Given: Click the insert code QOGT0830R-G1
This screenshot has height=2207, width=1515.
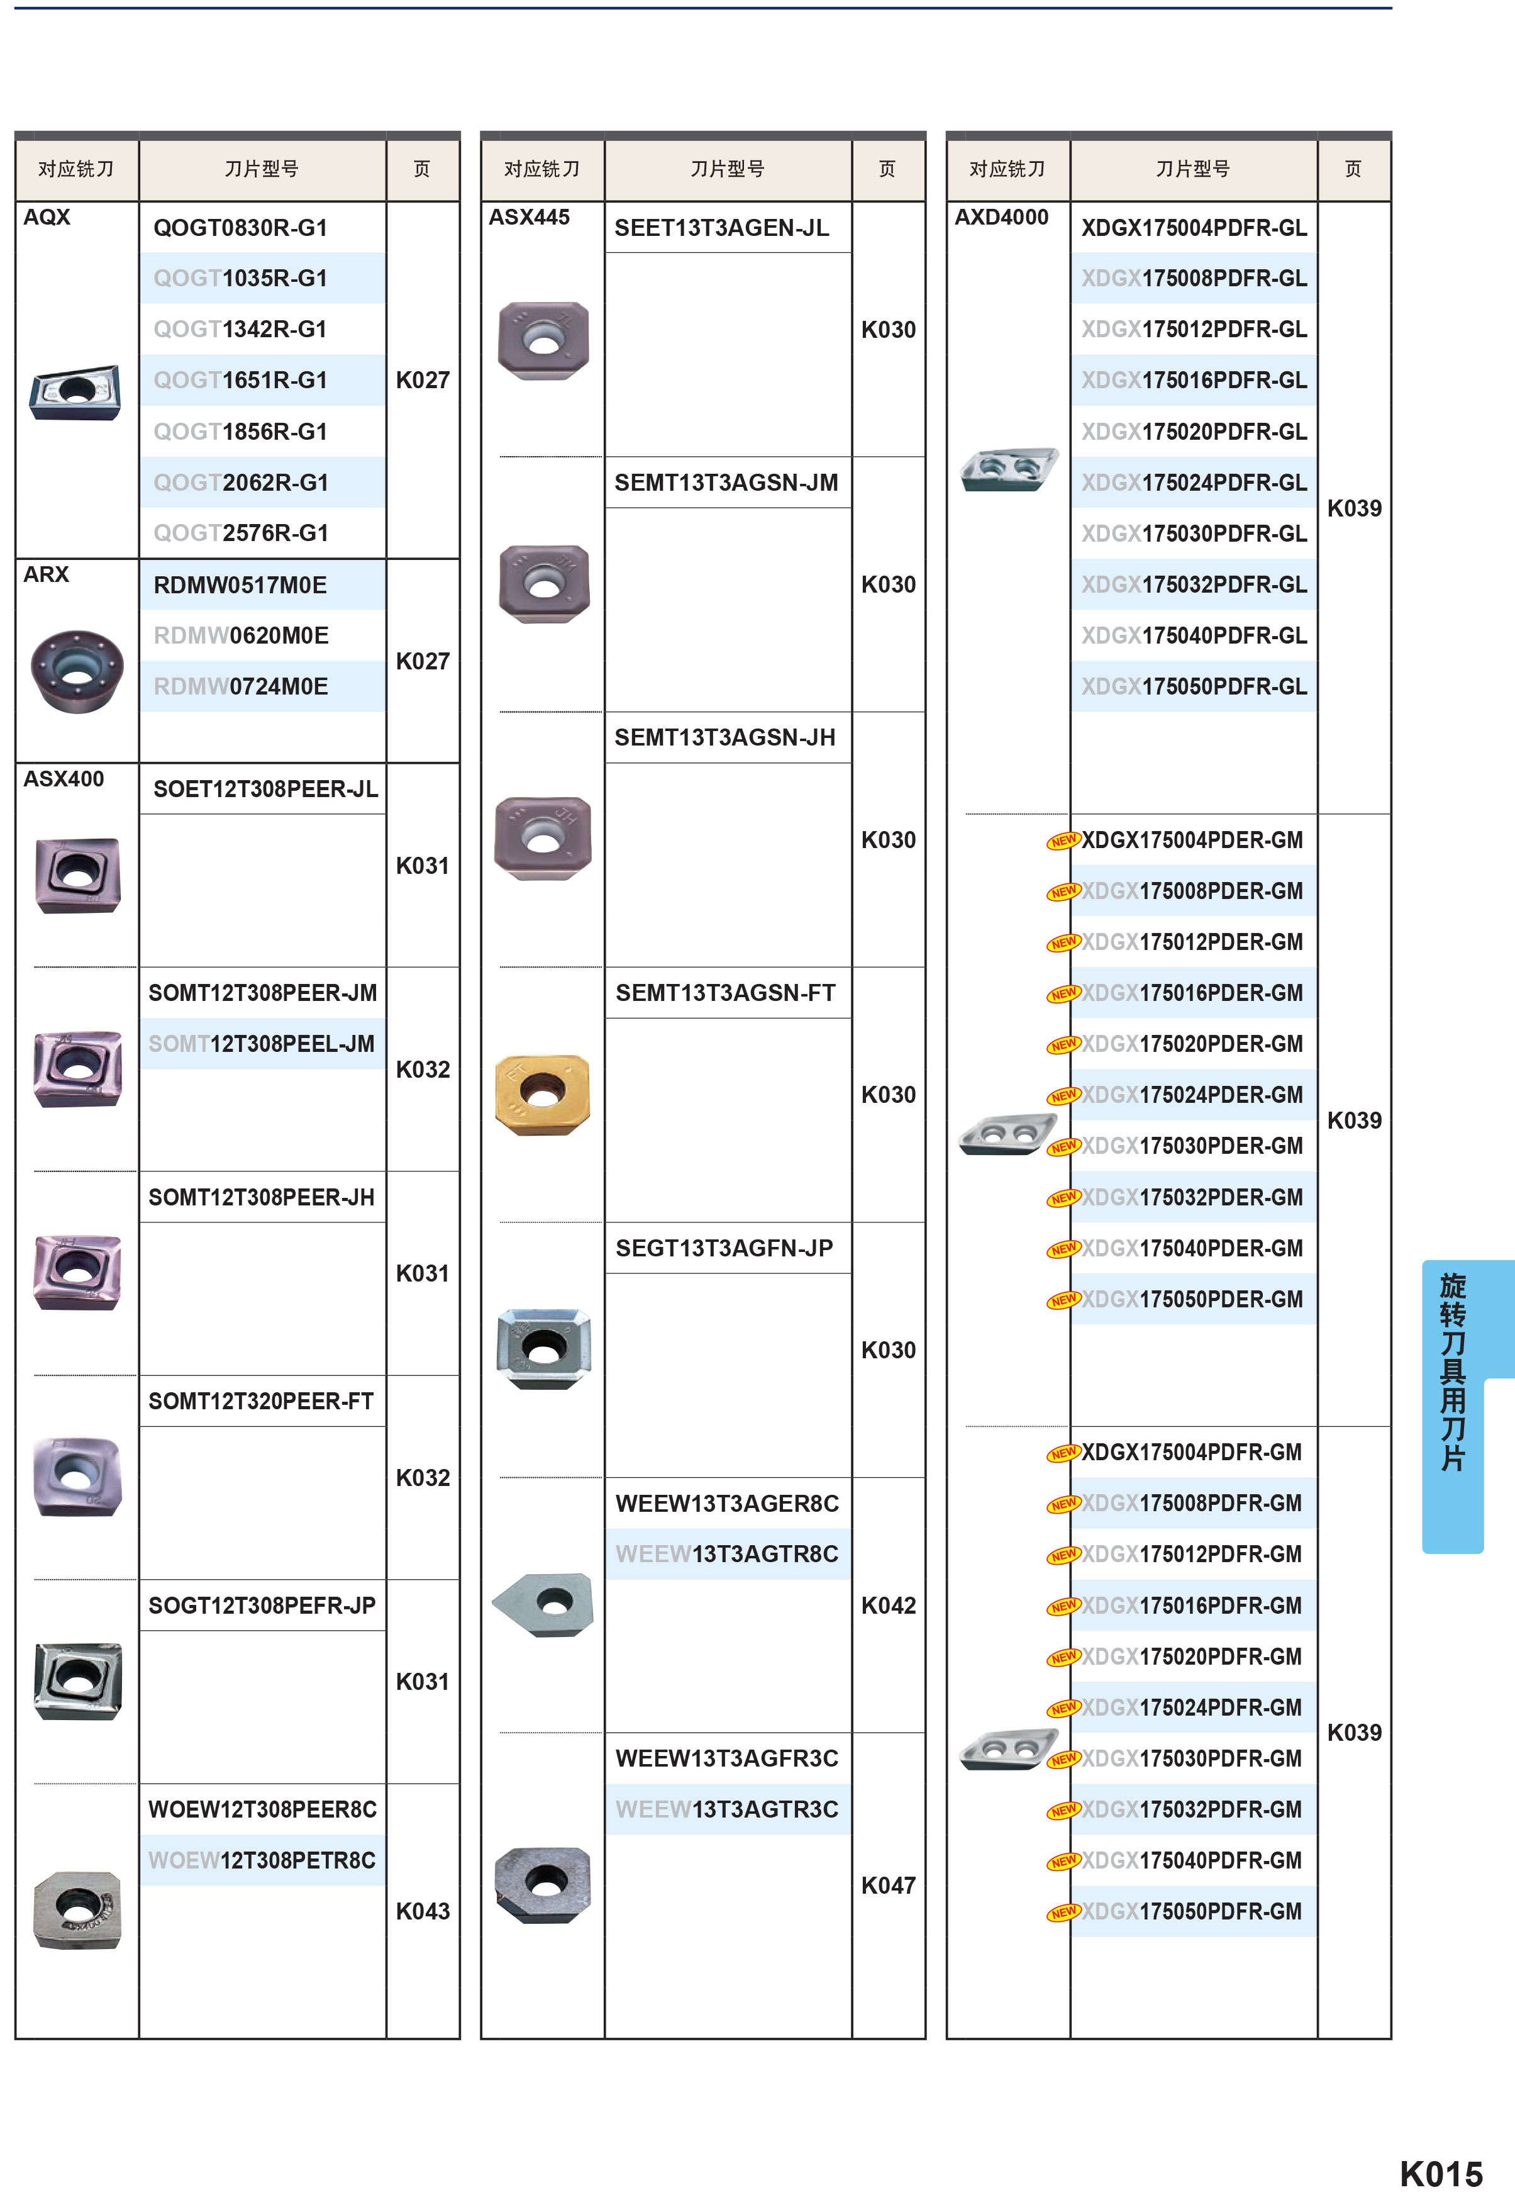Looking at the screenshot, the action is tap(240, 228).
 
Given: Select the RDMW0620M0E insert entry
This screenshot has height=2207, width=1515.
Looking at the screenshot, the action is tap(241, 635).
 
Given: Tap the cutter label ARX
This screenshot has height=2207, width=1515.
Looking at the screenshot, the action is tap(47, 574).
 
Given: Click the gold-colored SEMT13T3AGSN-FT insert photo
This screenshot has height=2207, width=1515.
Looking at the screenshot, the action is tap(543, 1094).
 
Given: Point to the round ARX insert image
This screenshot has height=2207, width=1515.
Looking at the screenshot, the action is tap(77, 671).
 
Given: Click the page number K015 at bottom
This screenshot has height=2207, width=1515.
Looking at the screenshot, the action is tap(1441, 2174).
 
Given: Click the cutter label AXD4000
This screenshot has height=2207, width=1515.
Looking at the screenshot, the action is tap(1001, 218).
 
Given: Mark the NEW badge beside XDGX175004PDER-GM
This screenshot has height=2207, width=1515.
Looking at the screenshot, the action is tap(1063, 841).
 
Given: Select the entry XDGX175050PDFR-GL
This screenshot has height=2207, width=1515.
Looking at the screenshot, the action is tap(1194, 686).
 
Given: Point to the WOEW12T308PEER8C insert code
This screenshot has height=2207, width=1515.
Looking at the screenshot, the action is tap(263, 1809).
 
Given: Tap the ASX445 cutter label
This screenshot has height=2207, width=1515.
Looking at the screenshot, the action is tap(529, 218).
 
